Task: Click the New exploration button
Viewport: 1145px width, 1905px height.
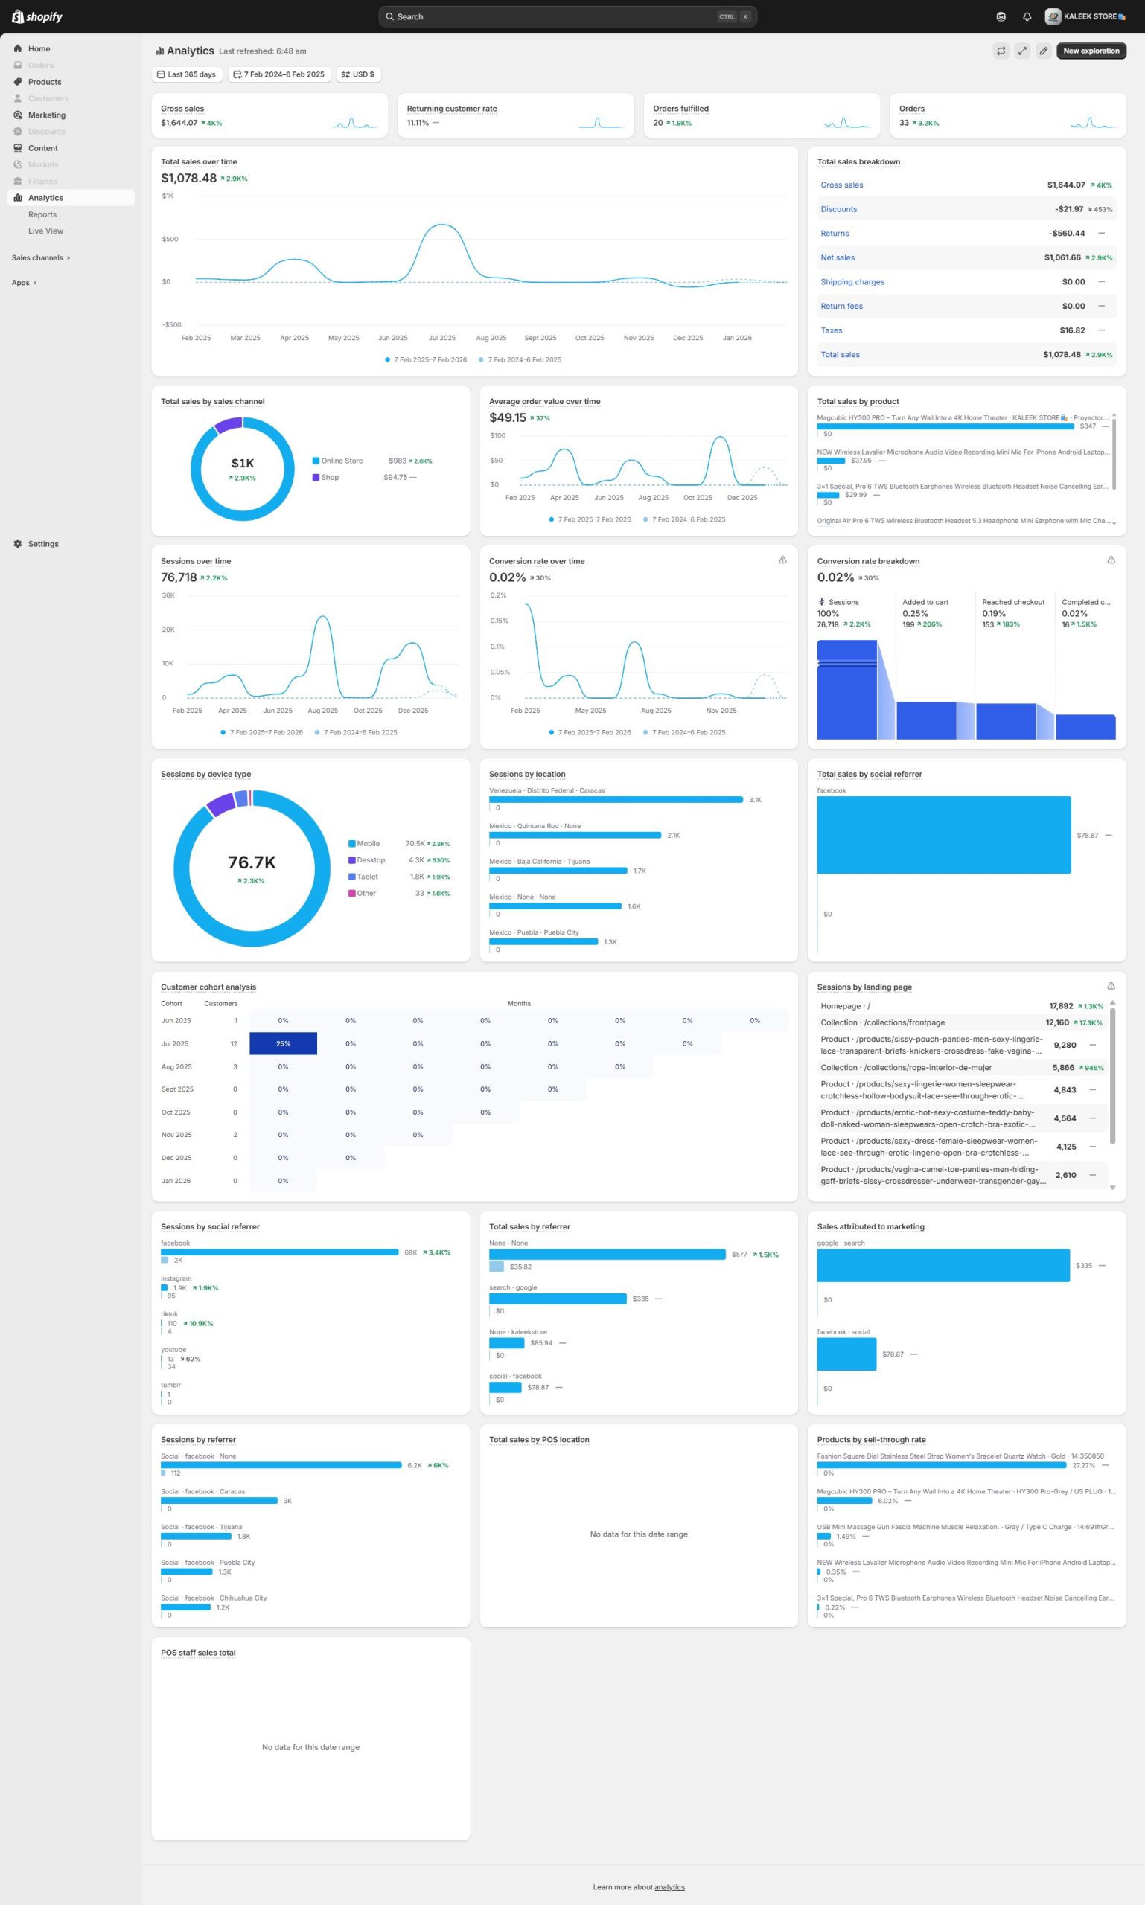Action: pyautogui.click(x=1090, y=51)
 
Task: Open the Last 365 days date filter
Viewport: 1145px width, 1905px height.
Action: pyautogui.click(x=187, y=75)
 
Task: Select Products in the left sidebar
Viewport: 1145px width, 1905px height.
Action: pyautogui.click(x=45, y=82)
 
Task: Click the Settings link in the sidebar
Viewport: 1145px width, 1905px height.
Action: pyautogui.click(x=43, y=544)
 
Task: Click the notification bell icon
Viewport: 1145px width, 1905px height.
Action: pyautogui.click(x=1026, y=16)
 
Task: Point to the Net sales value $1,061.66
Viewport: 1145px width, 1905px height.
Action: pyautogui.click(x=1062, y=257)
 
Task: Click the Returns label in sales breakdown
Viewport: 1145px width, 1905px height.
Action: pyautogui.click(x=834, y=234)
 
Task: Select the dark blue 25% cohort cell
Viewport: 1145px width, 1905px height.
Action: pyautogui.click(x=283, y=1043)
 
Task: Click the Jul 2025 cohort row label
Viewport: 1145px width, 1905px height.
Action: pyautogui.click(x=175, y=1043)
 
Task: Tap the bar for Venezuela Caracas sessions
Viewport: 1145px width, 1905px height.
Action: pyautogui.click(x=616, y=800)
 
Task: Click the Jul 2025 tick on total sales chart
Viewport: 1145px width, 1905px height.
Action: pyautogui.click(x=442, y=338)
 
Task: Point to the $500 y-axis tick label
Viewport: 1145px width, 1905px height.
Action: pyautogui.click(x=170, y=239)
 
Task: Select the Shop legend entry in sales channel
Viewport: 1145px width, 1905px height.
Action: pyautogui.click(x=330, y=478)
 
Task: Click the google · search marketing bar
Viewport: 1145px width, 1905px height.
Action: pyautogui.click(x=943, y=1266)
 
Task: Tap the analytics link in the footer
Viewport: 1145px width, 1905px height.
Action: pyautogui.click(x=669, y=1887)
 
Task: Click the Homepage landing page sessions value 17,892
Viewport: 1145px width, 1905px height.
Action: pyautogui.click(x=1060, y=1006)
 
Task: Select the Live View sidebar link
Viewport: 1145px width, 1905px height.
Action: pyautogui.click(x=45, y=231)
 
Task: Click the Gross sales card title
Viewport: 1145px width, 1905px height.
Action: pyautogui.click(x=182, y=109)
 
